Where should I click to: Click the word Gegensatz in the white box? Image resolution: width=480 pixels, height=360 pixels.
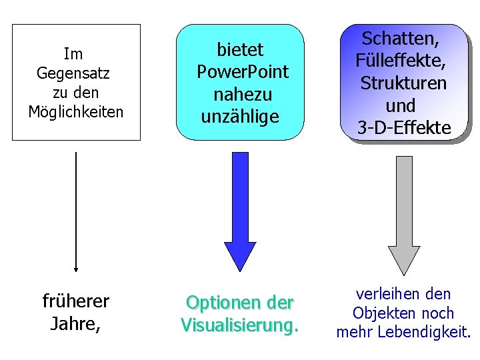(74, 72)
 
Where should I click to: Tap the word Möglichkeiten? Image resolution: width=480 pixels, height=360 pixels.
(76, 111)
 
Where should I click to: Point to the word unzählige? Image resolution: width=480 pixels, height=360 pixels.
(239, 117)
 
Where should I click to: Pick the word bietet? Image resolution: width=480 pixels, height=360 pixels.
(240, 49)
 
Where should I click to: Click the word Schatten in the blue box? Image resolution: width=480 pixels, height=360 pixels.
(402, 38)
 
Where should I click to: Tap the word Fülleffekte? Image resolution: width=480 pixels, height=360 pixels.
(402, 61)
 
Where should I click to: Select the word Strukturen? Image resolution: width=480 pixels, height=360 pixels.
(403, 83)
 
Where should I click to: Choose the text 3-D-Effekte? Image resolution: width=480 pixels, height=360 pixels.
(403, 128)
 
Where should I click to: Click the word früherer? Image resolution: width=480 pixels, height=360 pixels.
(76, 302)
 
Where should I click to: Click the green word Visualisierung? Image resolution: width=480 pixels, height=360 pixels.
(239, 325)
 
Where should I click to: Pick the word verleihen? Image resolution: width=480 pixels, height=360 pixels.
(385, 294)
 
